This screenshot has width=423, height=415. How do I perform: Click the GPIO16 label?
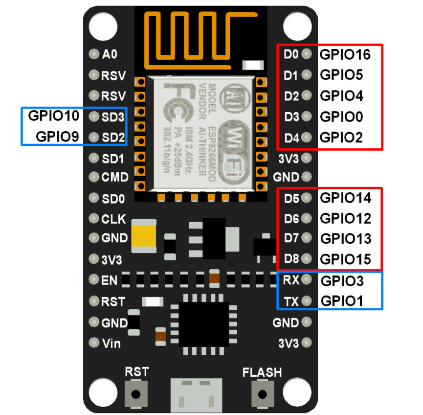click(345, 54)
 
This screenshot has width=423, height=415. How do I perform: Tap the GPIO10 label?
click(53, 116)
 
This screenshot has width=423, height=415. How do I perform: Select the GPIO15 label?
click(345, 259)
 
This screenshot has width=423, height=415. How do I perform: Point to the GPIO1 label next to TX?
click(341, 301)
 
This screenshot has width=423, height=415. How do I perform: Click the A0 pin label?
click(110, 55)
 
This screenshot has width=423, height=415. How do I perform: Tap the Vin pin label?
click(111, 343)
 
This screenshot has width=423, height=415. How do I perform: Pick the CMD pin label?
click(115, 177)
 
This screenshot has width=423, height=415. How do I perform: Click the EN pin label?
click(109, 280)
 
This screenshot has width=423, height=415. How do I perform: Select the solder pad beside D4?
click(307, 138)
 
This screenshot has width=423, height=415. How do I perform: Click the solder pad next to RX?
click(307, 280)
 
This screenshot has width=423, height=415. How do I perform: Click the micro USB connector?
click(192, 395)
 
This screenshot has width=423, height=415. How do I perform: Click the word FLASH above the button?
click(262, 372)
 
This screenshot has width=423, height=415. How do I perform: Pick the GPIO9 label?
click(58, 137)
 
